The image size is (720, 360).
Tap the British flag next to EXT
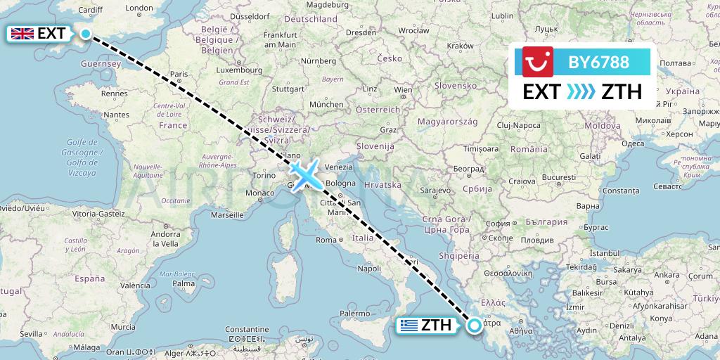pos(22,33)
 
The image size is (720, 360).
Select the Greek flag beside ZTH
pos(407,326)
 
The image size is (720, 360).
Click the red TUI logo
pos(538,62)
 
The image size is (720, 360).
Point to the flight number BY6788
pos(598,62)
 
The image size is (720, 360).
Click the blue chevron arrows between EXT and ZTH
pos(581,92)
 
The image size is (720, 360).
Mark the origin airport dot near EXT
pos(85,33)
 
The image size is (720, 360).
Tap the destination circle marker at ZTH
pos(475,325)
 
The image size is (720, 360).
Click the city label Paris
pos(179,74)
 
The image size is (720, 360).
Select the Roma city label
pos(326,240)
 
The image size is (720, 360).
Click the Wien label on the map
pos(403,90)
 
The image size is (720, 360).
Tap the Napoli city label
pos(370,268)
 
